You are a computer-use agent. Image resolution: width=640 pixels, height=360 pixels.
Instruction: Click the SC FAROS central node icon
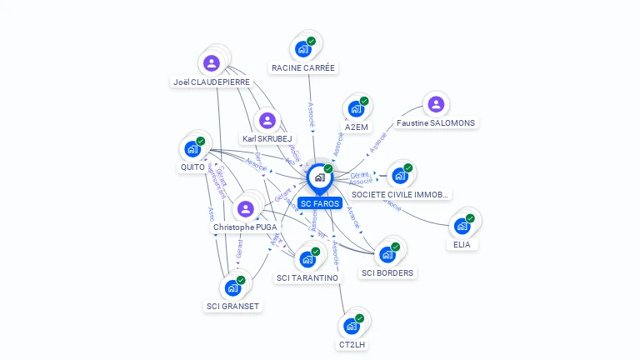point(319,177)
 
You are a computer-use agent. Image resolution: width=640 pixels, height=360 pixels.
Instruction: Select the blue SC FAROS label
point(320,203)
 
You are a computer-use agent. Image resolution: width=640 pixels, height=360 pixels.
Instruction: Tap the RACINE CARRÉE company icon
point(302,48)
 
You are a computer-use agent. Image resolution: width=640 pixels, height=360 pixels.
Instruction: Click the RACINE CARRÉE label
point(303,67)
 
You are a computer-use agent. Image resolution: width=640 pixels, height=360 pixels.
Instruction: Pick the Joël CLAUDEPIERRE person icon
point(212,62)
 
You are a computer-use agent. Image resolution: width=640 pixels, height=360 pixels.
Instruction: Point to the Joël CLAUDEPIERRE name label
point(212,82)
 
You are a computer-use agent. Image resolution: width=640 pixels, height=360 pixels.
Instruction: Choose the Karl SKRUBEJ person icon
point(267,121)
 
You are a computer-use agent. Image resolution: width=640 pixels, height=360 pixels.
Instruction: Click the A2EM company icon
point(356,109)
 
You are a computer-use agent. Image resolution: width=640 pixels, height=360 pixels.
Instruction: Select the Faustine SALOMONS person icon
point(435,104)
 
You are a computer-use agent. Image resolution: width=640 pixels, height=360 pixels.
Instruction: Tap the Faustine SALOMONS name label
point(436,122)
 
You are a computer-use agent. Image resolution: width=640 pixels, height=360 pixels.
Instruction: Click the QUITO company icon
point(192,149)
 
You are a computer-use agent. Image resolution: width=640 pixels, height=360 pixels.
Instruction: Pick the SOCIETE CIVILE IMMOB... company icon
point(399,175)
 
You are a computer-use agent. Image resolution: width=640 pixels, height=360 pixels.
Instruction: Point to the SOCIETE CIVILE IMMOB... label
point(400,194)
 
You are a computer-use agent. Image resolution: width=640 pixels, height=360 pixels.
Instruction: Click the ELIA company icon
point(462,226)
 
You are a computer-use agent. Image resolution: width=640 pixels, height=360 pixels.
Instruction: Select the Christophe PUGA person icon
point(245,208)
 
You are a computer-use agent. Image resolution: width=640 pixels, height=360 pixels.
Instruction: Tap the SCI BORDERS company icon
point(387,254)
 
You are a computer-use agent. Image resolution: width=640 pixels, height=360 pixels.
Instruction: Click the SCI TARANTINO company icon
point(307,259)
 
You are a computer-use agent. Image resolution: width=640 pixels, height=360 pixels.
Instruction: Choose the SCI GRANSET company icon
point(232,287)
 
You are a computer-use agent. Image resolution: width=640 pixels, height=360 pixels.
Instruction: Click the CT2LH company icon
point(352,325)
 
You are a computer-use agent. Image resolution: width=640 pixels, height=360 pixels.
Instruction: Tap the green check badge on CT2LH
point(360,317)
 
